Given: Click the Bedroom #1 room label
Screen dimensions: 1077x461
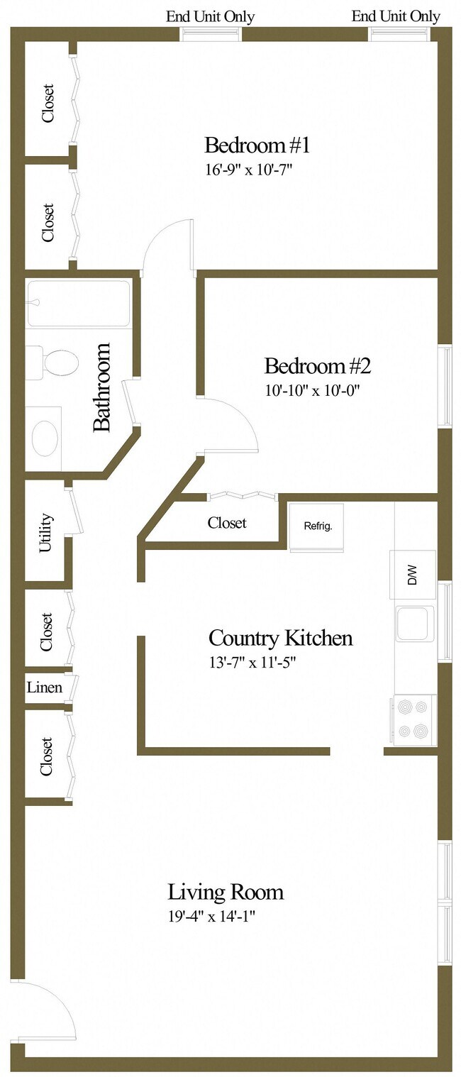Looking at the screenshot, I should tap(257, 145).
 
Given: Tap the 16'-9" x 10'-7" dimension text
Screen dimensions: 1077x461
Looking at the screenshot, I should tap(249, 170).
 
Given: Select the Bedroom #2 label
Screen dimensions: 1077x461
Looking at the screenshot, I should tap(317, 366).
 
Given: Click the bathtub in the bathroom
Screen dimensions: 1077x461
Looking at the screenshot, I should tap(79, 304).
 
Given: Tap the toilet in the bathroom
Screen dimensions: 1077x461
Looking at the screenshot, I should tap(57, 363).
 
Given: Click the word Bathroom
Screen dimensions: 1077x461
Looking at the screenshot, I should tap(102, 387).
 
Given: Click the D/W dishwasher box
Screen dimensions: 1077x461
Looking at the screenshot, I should tap(413, 575).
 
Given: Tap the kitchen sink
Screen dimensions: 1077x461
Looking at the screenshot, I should tap(414, 624).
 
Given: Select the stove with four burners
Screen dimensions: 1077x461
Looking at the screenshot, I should tap(413, 719).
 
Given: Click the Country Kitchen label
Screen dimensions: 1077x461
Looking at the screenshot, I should tap(280, 638).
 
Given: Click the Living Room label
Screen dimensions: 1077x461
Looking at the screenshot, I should tap(226, 891).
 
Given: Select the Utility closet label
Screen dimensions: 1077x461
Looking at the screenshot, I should tap(46, 532).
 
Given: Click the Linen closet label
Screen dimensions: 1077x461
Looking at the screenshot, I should tap(44, 687).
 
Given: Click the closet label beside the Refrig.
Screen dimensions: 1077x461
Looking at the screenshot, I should tap(227, 523).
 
